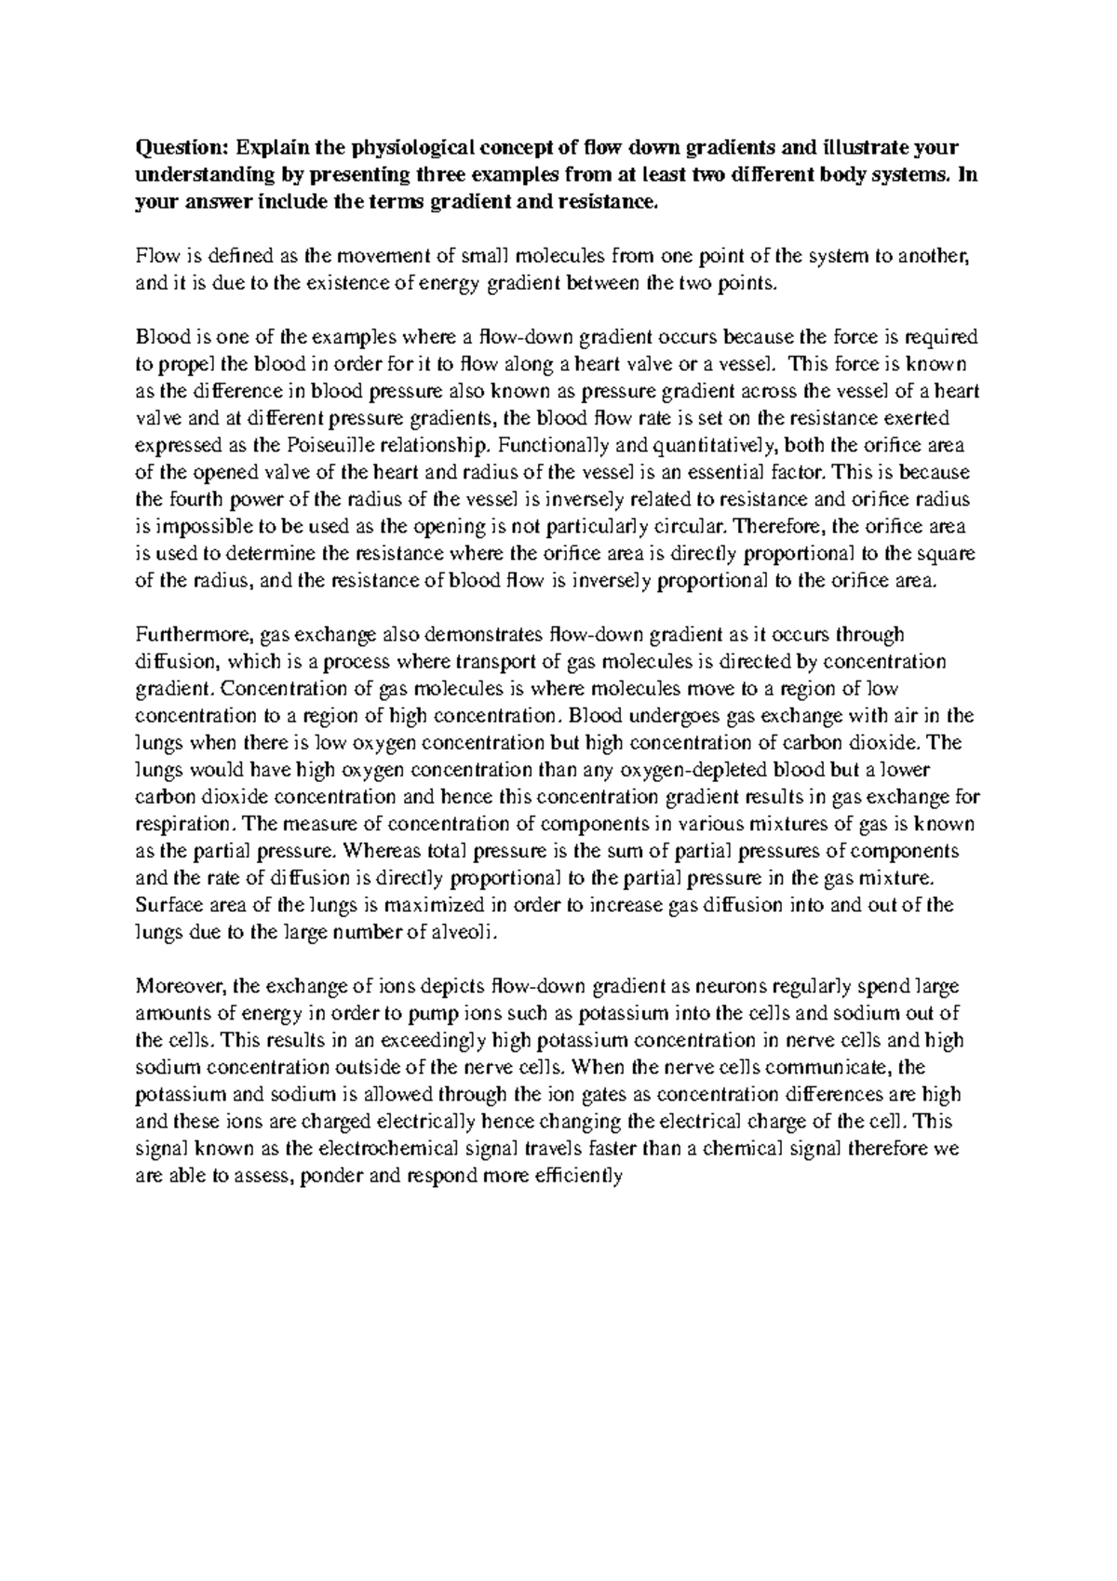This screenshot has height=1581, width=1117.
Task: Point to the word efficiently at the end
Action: tap(578, 1175)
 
